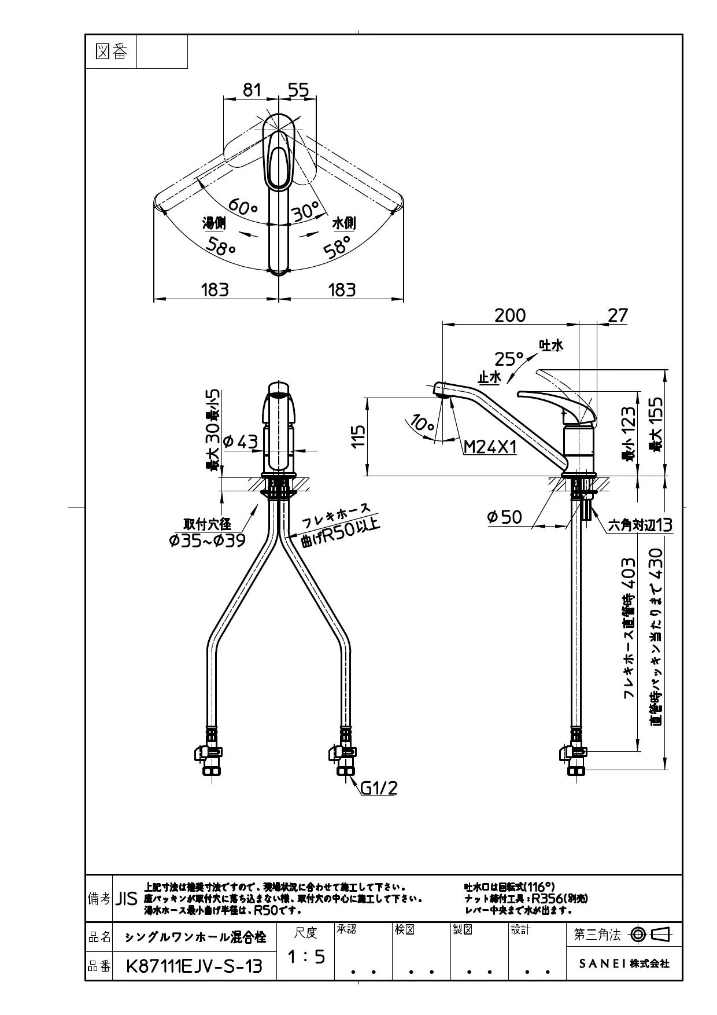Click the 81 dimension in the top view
[252, 90]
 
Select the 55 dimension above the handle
[298, 90]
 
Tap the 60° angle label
[243, 205]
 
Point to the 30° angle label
[306, 211]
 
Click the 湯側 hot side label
[213, 223]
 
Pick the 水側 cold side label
[343, 223]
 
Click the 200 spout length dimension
[510, 315]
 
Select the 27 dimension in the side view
[617, 315]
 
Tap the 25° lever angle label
[508, 359]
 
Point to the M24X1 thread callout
[490, 447]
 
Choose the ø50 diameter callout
[504, 517]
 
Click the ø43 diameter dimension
[240, 442]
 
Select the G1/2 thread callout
[379, 788]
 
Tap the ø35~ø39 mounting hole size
[207, 540]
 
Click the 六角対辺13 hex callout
[640, 525]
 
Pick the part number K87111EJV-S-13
[194, 966]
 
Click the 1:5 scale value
[306, 957]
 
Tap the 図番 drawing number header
[111, 52]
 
